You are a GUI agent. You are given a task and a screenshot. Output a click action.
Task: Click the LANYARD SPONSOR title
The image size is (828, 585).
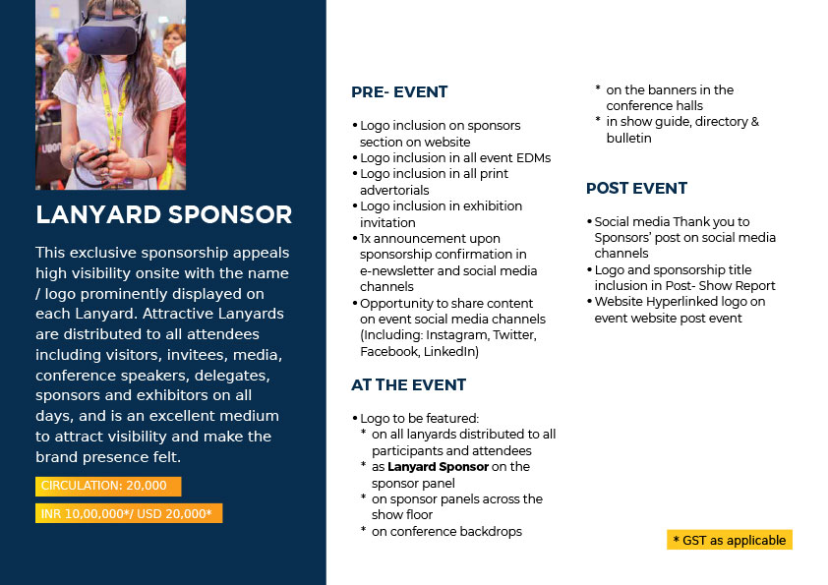163,214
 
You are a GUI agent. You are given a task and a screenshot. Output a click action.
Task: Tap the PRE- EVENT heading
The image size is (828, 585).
399,91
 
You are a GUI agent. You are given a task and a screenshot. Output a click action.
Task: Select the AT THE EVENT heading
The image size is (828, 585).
409,384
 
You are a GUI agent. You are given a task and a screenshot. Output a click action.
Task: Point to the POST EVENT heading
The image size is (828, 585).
636,188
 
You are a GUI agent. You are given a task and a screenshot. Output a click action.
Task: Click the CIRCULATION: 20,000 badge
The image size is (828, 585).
108,486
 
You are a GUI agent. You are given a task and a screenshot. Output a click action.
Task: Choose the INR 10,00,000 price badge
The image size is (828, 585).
129,513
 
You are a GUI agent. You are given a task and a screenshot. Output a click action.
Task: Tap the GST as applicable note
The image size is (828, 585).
730,540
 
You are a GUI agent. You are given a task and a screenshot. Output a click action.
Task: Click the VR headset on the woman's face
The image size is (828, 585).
112,32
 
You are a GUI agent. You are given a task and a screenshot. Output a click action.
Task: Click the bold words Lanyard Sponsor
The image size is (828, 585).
438,467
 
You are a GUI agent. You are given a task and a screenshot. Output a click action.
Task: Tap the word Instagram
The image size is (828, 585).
456,335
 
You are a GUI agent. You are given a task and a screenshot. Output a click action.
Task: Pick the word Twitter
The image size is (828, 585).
515,335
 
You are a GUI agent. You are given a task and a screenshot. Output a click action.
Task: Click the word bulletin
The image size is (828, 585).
629,139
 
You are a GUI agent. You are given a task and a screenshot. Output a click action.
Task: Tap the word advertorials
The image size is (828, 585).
394,190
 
